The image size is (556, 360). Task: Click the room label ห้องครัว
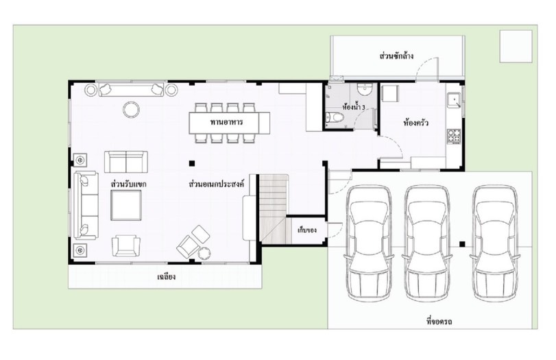click(415, 123)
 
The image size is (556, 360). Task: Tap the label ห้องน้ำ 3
click(354, 106)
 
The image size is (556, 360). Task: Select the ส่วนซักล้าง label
click(396, 56)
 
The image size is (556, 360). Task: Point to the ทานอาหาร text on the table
click(227, 122)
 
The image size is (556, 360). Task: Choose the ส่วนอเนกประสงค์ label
click(217, 184)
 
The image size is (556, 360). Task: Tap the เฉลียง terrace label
click(166, 276)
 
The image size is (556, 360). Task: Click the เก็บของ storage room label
click(306, 230)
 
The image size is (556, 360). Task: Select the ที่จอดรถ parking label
click(439, 322)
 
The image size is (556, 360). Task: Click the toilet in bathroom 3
click(334, 117)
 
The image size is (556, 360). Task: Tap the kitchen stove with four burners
click(454, 136)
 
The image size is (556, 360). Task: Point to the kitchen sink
click(454, 100)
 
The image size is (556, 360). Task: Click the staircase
click(273, 208)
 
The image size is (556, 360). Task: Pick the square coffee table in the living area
click(126, 205)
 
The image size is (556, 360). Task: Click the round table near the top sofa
click(131, 110)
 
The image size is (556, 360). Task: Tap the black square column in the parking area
click(462, 244)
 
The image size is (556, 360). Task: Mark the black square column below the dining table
click(192, 163)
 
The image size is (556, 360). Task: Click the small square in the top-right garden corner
click(516, 47)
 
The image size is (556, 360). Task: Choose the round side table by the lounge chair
click(204, 254)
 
